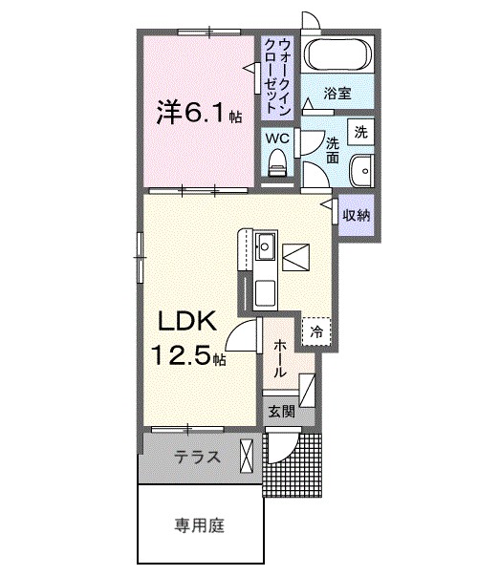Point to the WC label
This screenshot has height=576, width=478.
pyautogui.click(x=276, y=138)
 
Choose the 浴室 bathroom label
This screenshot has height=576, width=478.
pyautogui.click(x=337, y=95)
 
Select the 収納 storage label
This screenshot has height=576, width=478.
pyautogui.click(x=356, y=214)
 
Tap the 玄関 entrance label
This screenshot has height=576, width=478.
pyautogui.click(x=279, y=413)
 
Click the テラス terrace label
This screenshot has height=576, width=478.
pyautogui.click(x=197, y=458)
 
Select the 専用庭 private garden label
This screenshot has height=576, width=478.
pyautogui.click(x=200, y=523)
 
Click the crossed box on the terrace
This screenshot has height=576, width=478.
pyautogui.click(x=249, y=456)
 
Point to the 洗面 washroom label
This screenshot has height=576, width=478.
pyautogui.click(x=332, y=150)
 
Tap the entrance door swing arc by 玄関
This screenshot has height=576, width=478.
pyautogui.click(x=283, y=449)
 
